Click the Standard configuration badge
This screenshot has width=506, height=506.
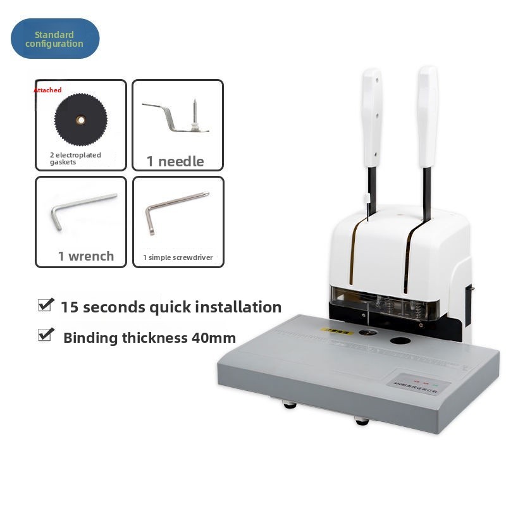click(x=55, y=39)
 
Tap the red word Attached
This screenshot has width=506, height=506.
click(x=47, y=90)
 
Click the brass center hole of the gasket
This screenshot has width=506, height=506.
click(x=80, y=118)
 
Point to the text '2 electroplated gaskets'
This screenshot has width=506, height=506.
click(x=75, y=158)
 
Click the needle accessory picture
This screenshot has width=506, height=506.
click(x=177, y=117)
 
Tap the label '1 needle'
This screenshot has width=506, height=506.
click(x=175, y=161)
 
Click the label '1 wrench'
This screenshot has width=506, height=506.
click(x=86, y=256)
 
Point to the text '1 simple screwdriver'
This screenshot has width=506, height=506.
click(x=177, y=257)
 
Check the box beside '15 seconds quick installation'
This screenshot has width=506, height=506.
click(x=45, y=305)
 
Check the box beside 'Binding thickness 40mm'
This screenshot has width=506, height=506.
click(x=45, y=335)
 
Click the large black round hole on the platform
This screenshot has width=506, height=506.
click(x=399, y=342)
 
